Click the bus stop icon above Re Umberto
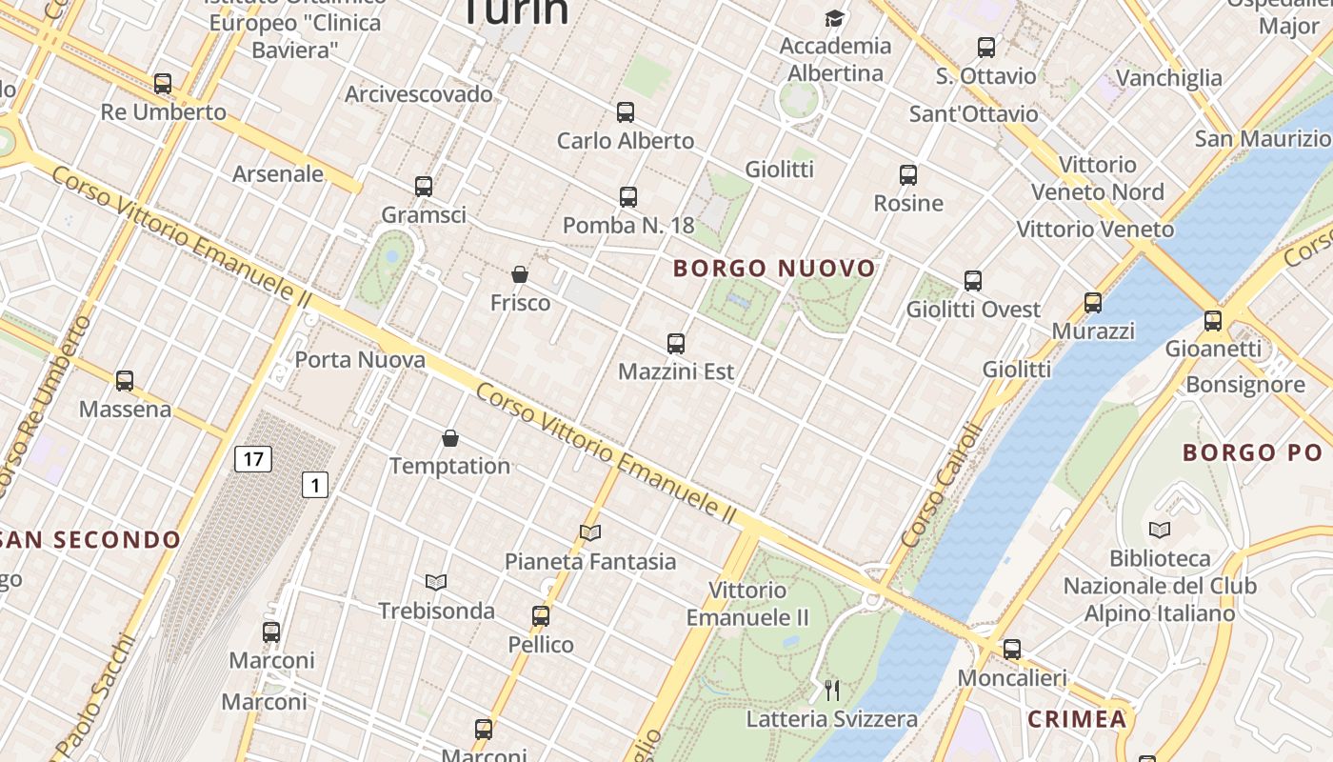point(163,84)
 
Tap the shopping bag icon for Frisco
point(520,274)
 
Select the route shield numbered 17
point(252,459)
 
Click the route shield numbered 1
point(315,485)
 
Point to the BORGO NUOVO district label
point(774,269)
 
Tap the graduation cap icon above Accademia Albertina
point(835,18)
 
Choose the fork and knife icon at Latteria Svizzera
point(832,690)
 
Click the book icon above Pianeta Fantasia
point(590,533)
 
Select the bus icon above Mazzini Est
point(676,344)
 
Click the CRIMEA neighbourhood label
point(1077,719)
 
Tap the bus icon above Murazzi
point(1093,303)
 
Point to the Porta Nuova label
point(360,360)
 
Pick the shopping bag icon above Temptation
point(450,438)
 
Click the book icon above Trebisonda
point(436,582)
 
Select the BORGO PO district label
point(1254,452)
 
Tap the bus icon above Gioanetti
point(1213,321)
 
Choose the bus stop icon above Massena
point(125,381)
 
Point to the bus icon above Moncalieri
point(1012,650)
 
